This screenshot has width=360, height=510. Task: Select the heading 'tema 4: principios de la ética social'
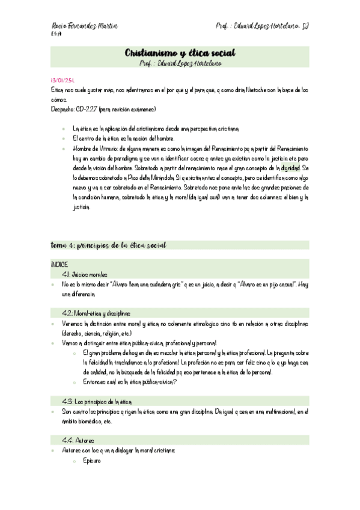pos(108,245)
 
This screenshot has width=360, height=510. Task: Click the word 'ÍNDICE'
pos(60,264)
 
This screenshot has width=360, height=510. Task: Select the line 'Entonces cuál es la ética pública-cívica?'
pos(130,382)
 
